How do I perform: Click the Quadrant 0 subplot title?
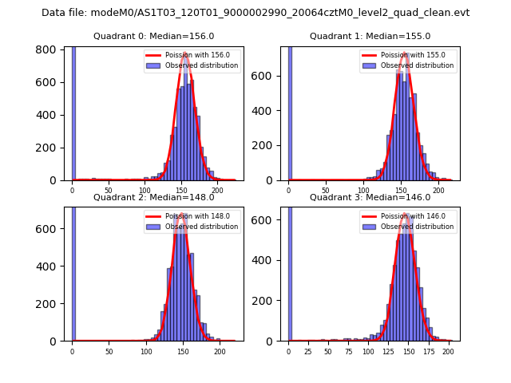tap(154, 36)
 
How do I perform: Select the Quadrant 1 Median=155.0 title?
tap(370, 36)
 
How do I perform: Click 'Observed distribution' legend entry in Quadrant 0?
tap(202, 65)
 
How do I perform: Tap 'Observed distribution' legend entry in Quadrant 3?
tap(418, 227)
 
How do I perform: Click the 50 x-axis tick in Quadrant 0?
tap(109, 191)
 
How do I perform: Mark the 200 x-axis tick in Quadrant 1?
tap(438, 191)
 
